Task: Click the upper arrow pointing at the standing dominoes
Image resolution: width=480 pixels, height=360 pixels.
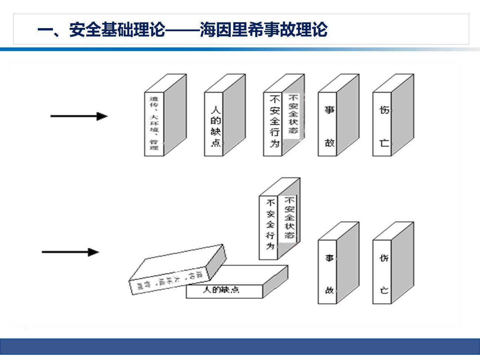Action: (x=79, y=116)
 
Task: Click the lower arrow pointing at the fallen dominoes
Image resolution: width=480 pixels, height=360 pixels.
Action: (x=70, y=252)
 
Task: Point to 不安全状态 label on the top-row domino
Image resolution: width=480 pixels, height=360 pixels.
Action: (x=293, y=114)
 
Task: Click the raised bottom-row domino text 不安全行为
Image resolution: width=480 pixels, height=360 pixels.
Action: (x=270, y=224)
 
